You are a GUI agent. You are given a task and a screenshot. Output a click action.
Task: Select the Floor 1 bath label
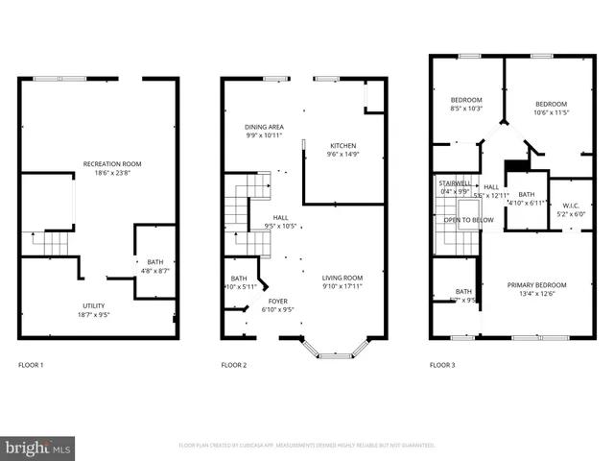tap(153, 267)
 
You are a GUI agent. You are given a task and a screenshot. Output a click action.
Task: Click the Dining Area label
tap(263, 131)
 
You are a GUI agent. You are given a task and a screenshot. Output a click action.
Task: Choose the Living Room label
tap(342, 279)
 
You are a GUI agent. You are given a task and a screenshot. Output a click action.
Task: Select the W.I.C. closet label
tap(571, 208)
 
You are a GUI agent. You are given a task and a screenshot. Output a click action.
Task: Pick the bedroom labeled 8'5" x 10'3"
tap(466, 105)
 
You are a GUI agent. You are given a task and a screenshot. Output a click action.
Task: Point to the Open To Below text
tap(468, 220)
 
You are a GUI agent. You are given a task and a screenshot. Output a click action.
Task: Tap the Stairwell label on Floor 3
tap(454, 187)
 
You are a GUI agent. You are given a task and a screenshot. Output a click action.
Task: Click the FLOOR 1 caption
tap(31, 365)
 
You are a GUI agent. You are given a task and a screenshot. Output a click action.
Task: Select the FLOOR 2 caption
tap(234, 365)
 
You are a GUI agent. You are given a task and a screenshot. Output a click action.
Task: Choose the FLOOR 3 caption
tap(441, 365)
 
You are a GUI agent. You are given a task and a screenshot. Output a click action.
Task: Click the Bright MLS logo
tap(38, 447)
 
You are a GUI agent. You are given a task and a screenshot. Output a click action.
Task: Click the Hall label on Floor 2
tap(281, 222)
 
